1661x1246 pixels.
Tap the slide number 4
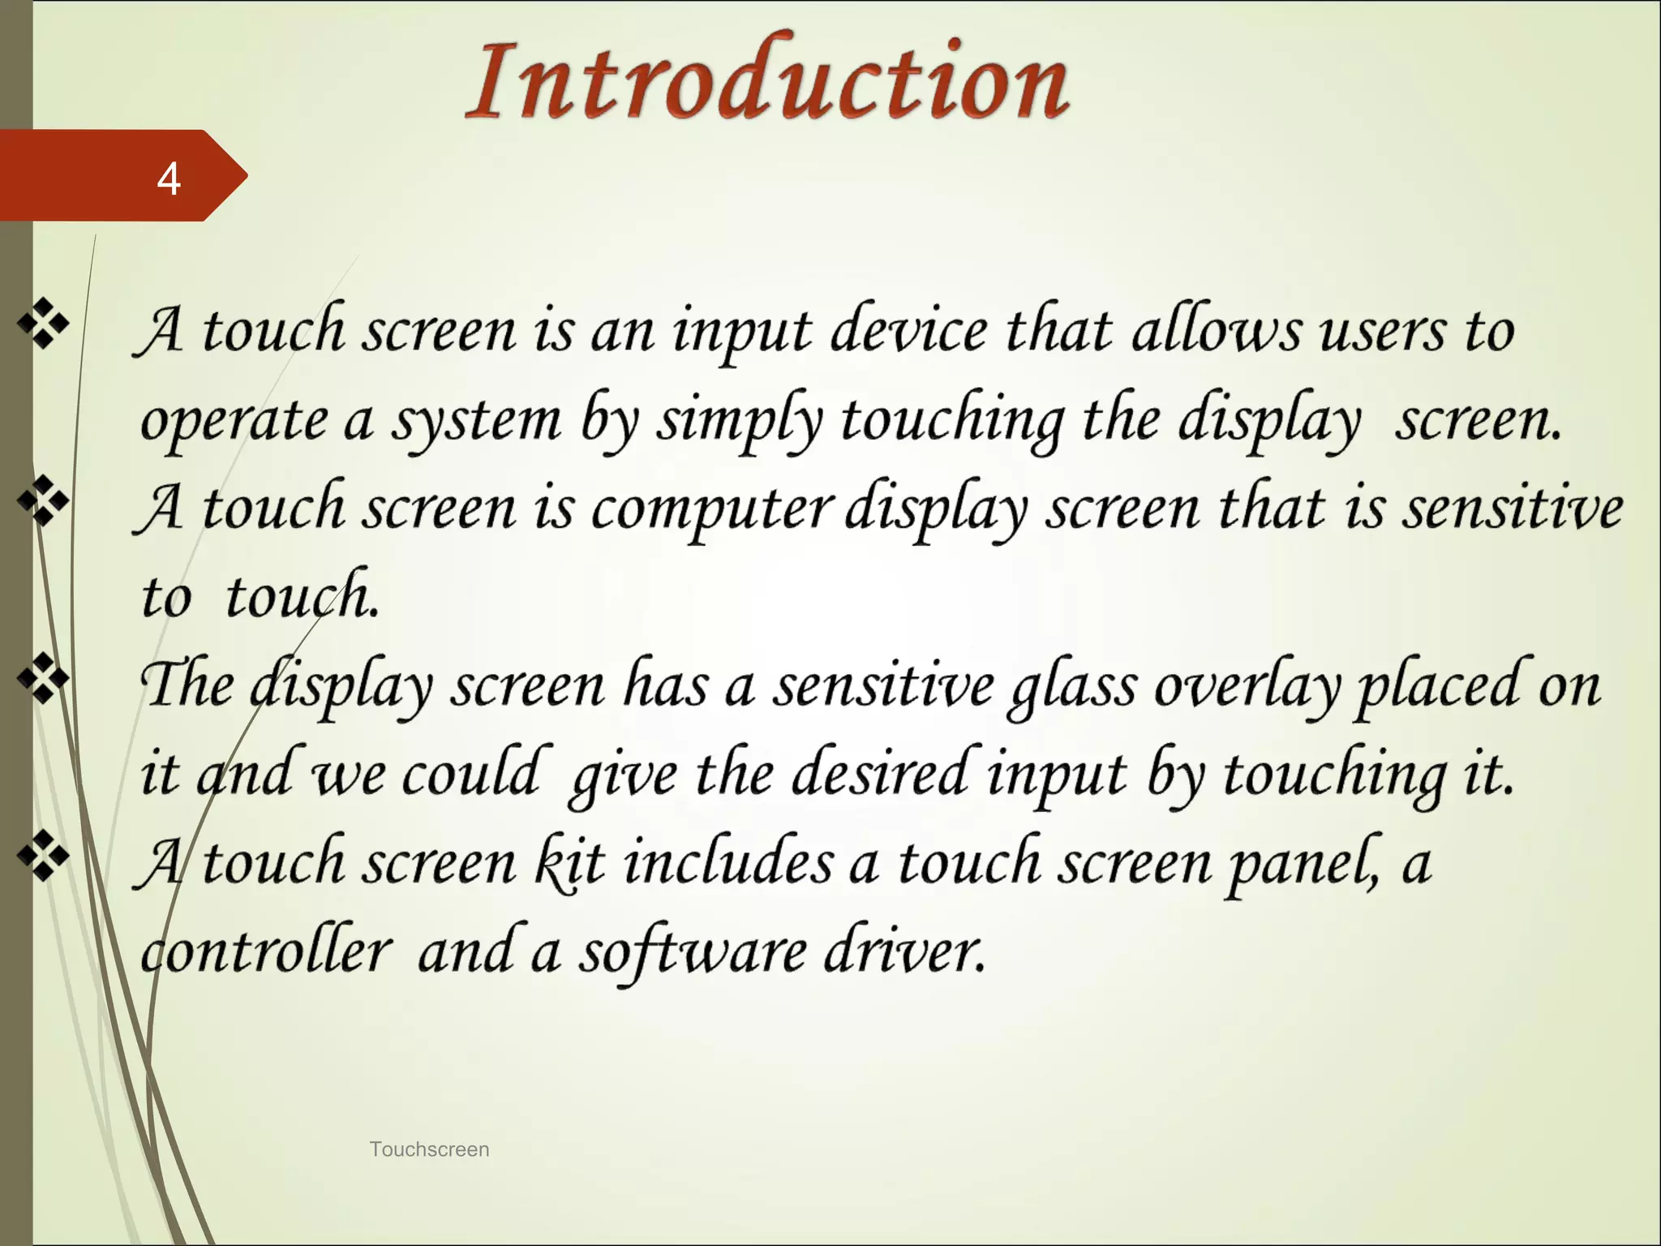tap(169, 178)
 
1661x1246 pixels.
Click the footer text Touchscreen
tap(429, 1149)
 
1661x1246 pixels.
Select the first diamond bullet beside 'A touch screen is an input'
tap(43, 324)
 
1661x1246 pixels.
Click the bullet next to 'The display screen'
tap(43, 679)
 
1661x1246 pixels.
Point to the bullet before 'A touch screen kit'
tap(43, 857)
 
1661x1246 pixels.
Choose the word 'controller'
tap(266, 951)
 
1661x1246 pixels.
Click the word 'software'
tap(692, 952)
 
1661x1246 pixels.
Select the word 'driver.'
tap(905, 951)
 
